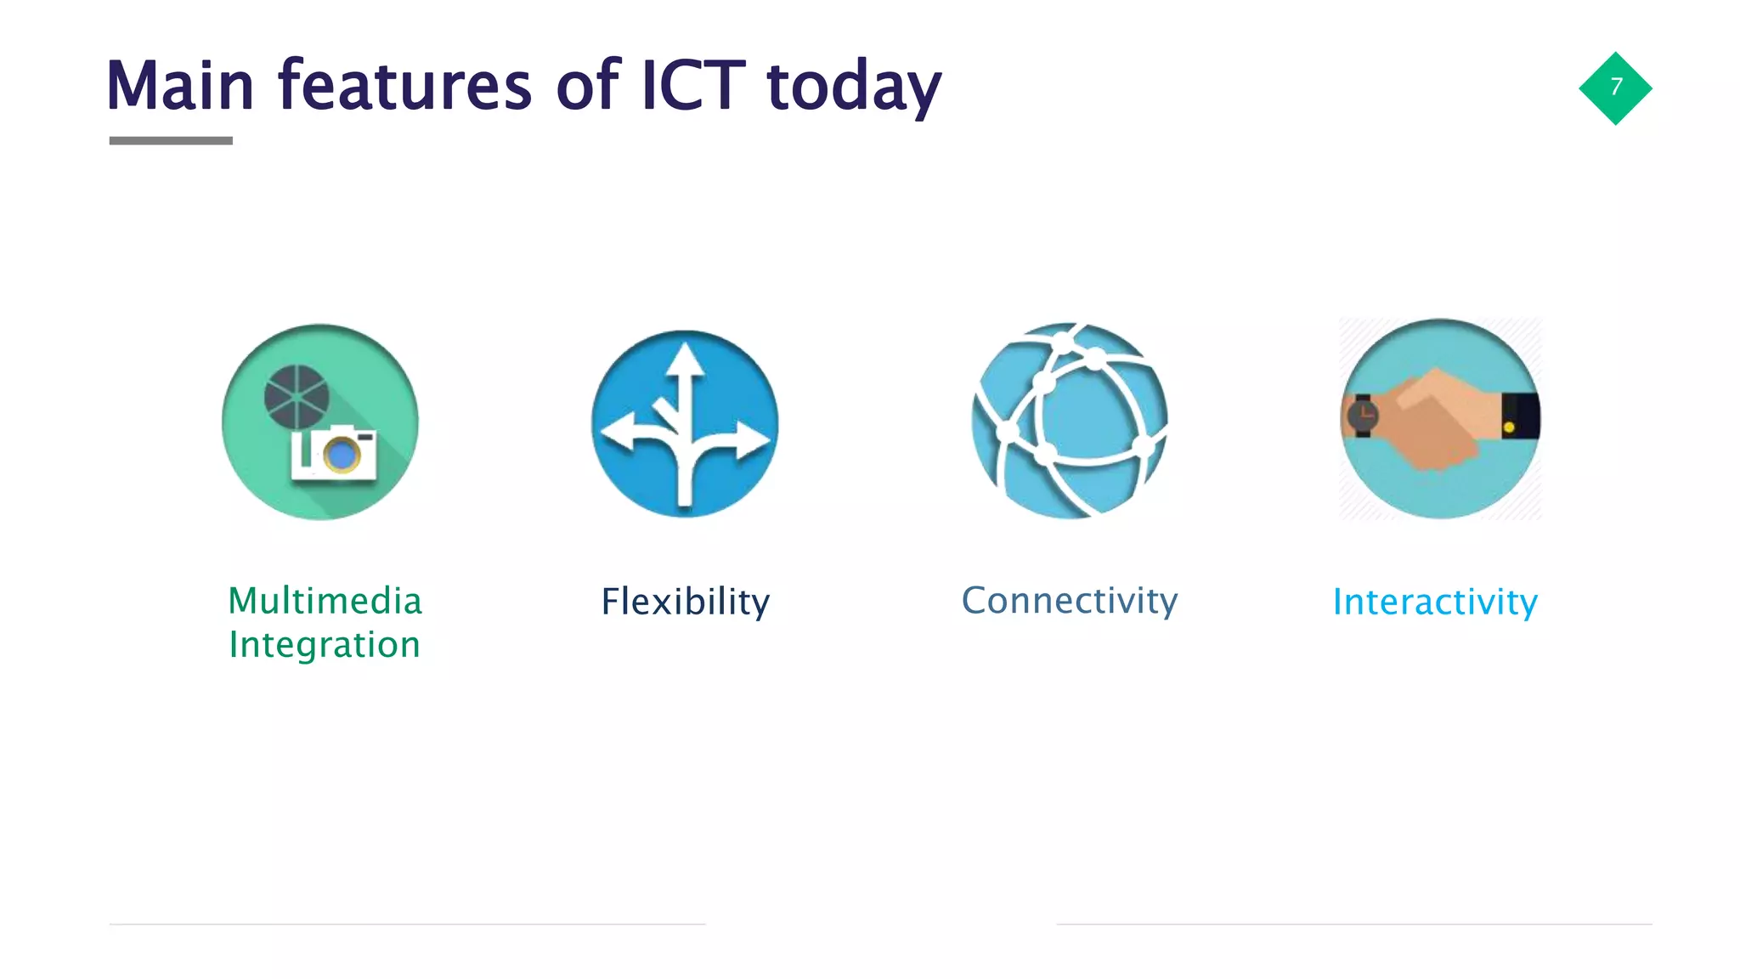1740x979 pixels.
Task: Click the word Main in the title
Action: (180, 86)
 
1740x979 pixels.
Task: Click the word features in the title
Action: (404, 86)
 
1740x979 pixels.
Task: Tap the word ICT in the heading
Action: (692, 86)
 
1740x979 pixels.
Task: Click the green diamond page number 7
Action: (1615, 88)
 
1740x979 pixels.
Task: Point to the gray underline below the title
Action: (171, 140)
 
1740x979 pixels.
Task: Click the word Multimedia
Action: (325, 601)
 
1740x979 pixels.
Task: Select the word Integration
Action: (325, 644)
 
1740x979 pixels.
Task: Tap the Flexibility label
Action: (685, 602)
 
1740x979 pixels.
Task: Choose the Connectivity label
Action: (1069, 600)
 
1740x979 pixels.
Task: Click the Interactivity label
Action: (1435, 602)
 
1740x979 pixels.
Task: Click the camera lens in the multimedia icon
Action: (342, 455)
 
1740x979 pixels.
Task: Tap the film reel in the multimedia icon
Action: (297, 397)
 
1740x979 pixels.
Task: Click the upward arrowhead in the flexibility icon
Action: (685, 359)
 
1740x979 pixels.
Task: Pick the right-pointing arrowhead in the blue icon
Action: (753, 439)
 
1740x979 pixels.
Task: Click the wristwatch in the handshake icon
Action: (1363, 416)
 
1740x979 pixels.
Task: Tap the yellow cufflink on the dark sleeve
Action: (1509, 427)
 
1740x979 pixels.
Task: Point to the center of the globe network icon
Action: (1070, 421)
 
